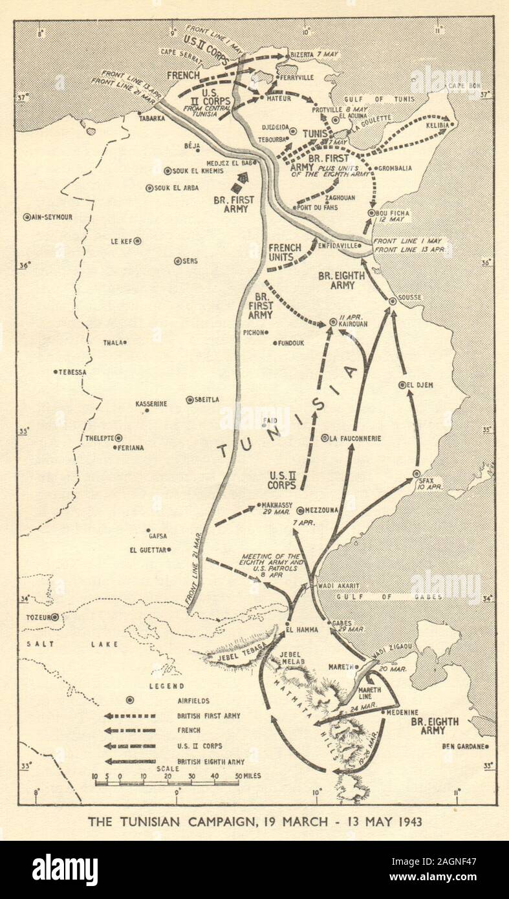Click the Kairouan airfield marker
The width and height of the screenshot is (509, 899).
click(333, 321)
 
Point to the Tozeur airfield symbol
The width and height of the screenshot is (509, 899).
click(55, 617)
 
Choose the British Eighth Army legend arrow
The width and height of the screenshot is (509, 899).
click(130, 761)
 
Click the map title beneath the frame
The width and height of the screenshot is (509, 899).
click(255, 822)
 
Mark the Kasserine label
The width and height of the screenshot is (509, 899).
click(151, 404)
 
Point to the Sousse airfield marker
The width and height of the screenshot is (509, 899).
click(393, 301)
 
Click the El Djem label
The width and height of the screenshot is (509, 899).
click(420, 385)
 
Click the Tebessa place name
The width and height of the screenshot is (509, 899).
click(72, 372)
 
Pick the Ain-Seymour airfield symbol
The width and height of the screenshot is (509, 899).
click(27, 217)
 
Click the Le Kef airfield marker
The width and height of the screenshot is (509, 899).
click(137, 241)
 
